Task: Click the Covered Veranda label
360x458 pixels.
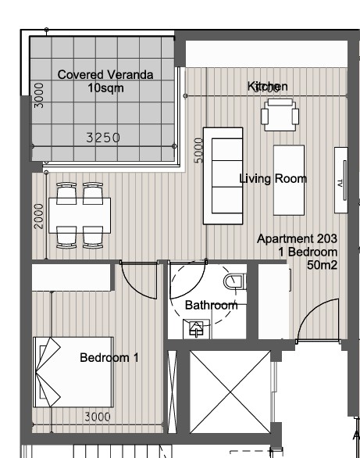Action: (105, 74)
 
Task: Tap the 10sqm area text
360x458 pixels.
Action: (105, 88)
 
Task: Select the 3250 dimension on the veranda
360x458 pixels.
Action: (102, 138)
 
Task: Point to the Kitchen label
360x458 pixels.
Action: (268, 86)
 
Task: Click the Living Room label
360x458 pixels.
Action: (273, 179)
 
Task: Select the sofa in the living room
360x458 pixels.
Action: (220, 175)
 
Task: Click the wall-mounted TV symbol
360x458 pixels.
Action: (340, 179)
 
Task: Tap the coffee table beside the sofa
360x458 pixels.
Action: (288, 180)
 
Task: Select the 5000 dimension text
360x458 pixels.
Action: (198, 149)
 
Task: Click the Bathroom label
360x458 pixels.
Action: (210, 305)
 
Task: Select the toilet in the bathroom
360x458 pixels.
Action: (234, 280)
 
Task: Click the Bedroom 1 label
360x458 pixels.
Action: (109, 358)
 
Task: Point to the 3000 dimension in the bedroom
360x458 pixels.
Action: (97, 417)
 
